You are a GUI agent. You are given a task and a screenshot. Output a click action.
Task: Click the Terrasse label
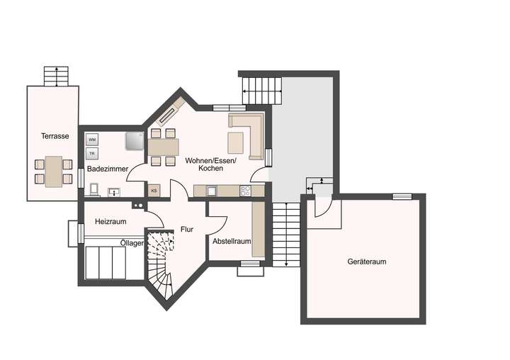click(x=55, y=136)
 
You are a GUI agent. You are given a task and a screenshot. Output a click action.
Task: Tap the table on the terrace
click(x=54, y=172)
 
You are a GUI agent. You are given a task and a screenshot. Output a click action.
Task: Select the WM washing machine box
click(x=92, y=140)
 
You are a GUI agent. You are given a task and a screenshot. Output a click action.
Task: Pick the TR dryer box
click(x=92, y=153)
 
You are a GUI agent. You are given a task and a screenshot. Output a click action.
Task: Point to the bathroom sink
click(x=113, y=191)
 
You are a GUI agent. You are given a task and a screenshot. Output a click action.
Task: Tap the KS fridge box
click(x=154, y=191)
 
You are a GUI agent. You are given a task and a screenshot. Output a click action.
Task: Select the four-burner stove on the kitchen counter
click(x=246, y=190)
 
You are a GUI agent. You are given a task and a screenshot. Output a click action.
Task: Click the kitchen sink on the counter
click(x=211, y=190)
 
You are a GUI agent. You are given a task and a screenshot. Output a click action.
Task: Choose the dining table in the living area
click(x=163, y=147)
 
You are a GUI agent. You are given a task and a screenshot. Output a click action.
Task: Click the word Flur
click(x=187, y=229)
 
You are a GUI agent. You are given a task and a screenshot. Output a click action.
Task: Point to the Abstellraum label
click(x=232, y=241)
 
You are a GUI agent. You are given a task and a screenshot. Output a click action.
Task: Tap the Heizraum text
click(x=110, y=222)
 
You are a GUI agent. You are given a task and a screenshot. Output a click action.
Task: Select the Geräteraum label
click(x=367, y=261)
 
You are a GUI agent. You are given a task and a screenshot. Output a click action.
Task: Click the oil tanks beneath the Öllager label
click(x=106, y=263)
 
